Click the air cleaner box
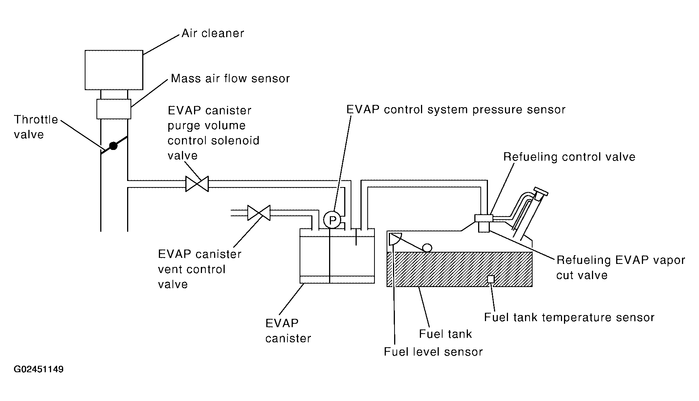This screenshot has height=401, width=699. tap(114, 70)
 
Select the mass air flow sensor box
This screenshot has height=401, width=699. tap(114, 109)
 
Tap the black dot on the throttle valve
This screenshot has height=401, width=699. tap(113, 146)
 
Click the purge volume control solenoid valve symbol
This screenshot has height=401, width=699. tap(197, 184)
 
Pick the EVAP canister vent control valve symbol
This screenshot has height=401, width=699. tap(259, 213)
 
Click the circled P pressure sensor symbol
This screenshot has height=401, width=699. tap(332, 220)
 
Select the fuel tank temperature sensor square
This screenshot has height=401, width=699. tap(491, 279)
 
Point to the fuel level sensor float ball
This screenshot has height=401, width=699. tap(427, 248)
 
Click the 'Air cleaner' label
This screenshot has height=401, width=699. tap(213, 33)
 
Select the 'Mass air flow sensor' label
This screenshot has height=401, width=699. tap(230, 79)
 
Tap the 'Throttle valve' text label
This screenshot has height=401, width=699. tap(36, 127)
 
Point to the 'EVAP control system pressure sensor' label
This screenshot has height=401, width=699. tap(456, 110)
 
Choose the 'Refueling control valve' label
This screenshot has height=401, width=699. tap(569, 157)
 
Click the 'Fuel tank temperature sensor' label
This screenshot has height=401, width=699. tap(569, 317)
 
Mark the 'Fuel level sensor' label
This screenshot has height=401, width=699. tap(433, 352)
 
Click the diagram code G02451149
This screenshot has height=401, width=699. tap(39, 369)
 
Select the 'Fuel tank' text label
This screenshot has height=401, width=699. tap(446, 334)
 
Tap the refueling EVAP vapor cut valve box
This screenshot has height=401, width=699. tap(484, 227)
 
